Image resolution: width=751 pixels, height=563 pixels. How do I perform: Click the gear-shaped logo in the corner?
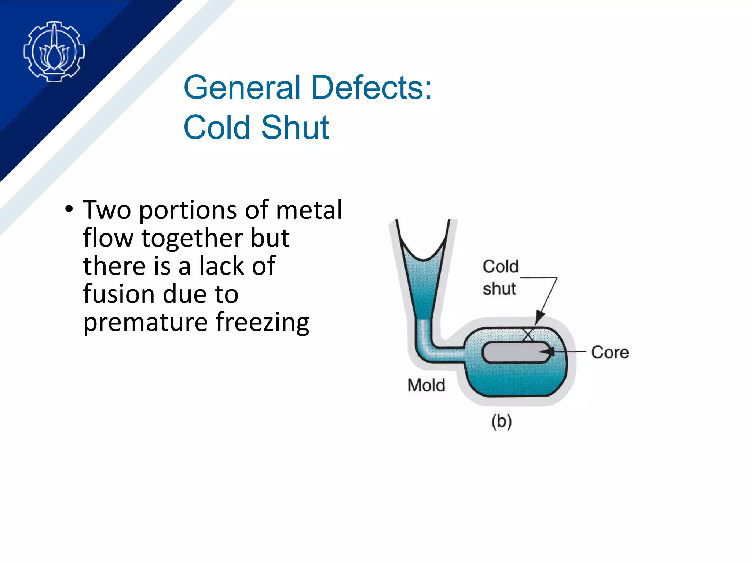(54, 51)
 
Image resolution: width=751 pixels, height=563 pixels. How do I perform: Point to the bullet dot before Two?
(69, 209)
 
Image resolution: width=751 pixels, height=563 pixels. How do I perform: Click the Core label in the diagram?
(610, 352)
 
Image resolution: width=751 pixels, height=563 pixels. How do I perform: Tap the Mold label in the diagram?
(426, 385)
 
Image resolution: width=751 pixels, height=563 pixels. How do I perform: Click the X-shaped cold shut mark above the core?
(528, 334)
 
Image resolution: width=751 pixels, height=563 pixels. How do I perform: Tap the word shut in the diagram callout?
(499, 288)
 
